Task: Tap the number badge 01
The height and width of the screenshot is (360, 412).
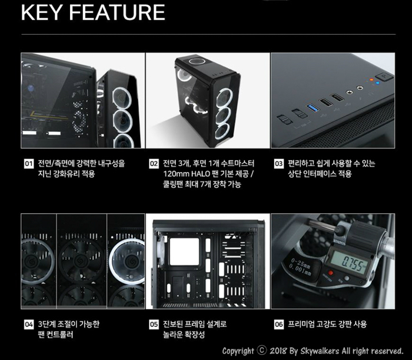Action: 28,164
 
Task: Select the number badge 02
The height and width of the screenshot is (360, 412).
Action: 154,164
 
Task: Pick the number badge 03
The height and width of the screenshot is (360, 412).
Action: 278,164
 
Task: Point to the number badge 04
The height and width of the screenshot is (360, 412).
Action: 28,324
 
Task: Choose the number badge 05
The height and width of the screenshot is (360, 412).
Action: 154,324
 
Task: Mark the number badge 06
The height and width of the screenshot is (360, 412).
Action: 278,324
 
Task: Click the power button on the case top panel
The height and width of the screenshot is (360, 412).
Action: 379,77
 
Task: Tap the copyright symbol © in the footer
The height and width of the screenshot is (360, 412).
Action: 262,351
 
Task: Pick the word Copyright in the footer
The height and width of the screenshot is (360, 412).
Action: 238,351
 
